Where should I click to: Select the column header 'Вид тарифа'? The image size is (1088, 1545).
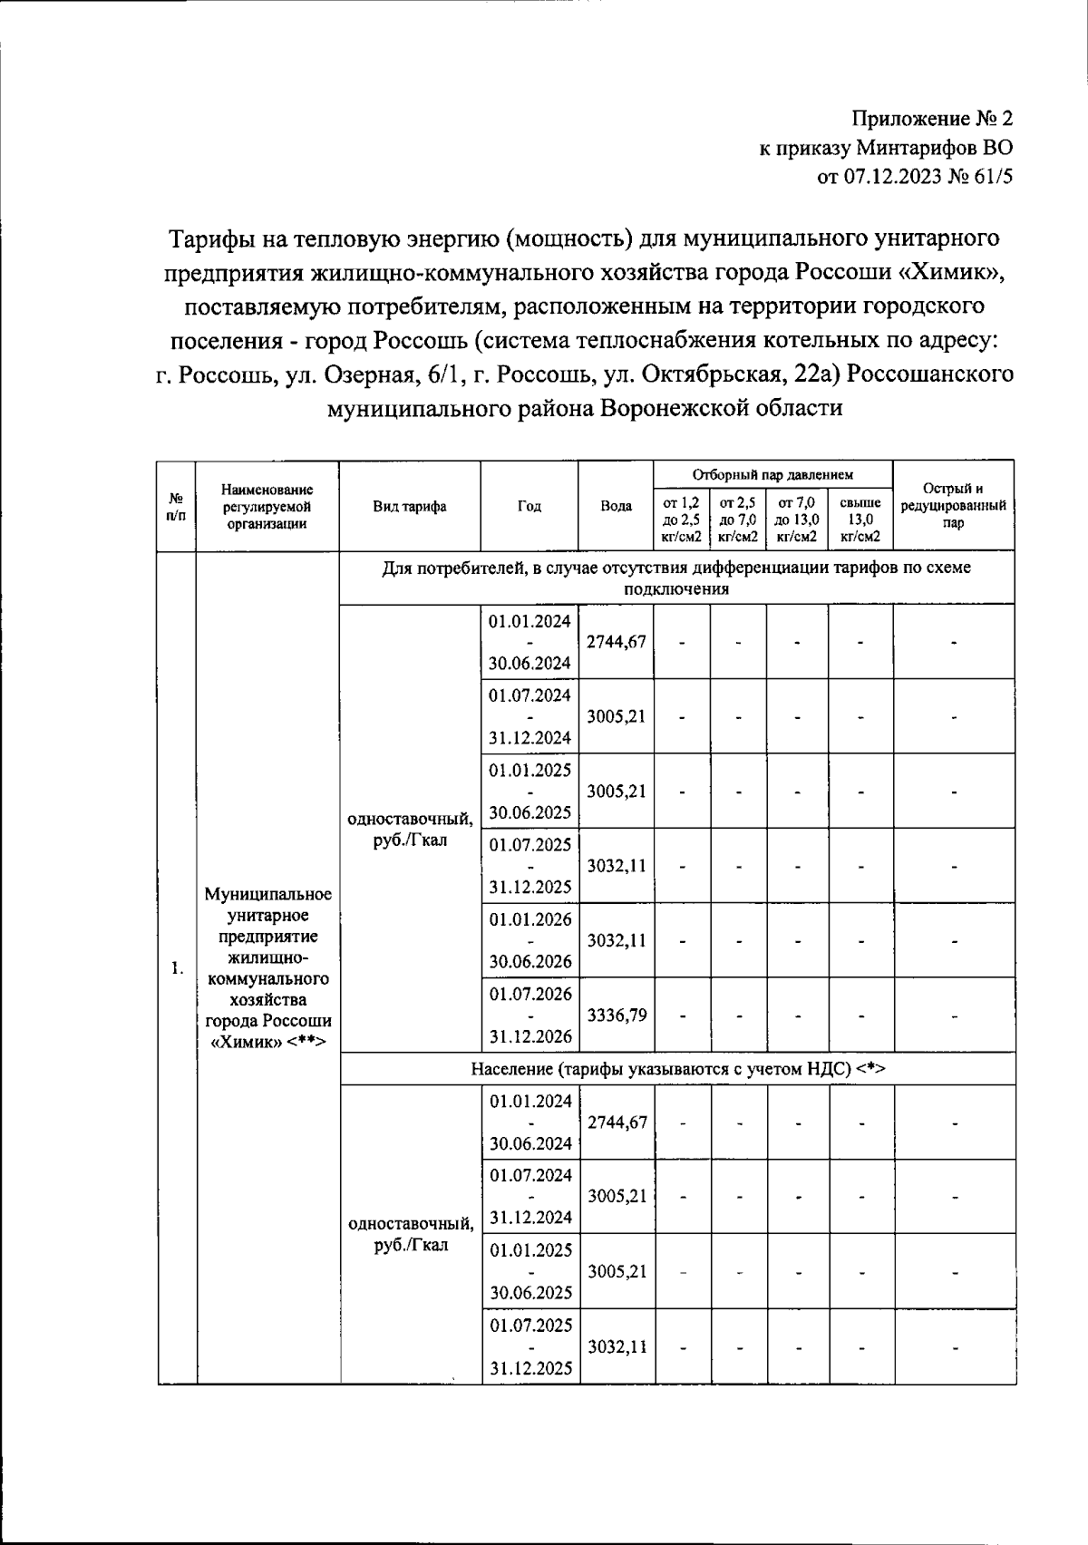point(409,507)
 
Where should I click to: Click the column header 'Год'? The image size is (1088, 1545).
point(529,507)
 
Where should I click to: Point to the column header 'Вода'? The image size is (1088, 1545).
point(617,507)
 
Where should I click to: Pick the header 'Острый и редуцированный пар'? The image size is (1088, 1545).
point(953,507)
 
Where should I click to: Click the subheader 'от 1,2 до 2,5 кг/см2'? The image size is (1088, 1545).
point(682,520)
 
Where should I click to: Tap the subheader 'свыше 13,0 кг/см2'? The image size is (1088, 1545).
point(860,520)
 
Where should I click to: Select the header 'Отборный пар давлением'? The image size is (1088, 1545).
point(772,474)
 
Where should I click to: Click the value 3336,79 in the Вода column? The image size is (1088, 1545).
point(617,1015)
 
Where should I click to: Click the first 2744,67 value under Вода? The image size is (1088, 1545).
point(617,642)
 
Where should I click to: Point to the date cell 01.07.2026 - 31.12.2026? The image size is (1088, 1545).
point(530,1015)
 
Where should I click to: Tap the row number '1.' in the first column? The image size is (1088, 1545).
point(177,968)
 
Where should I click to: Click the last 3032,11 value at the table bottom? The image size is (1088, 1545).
point(617,1347)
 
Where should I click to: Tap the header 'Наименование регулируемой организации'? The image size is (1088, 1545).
point(267,507)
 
